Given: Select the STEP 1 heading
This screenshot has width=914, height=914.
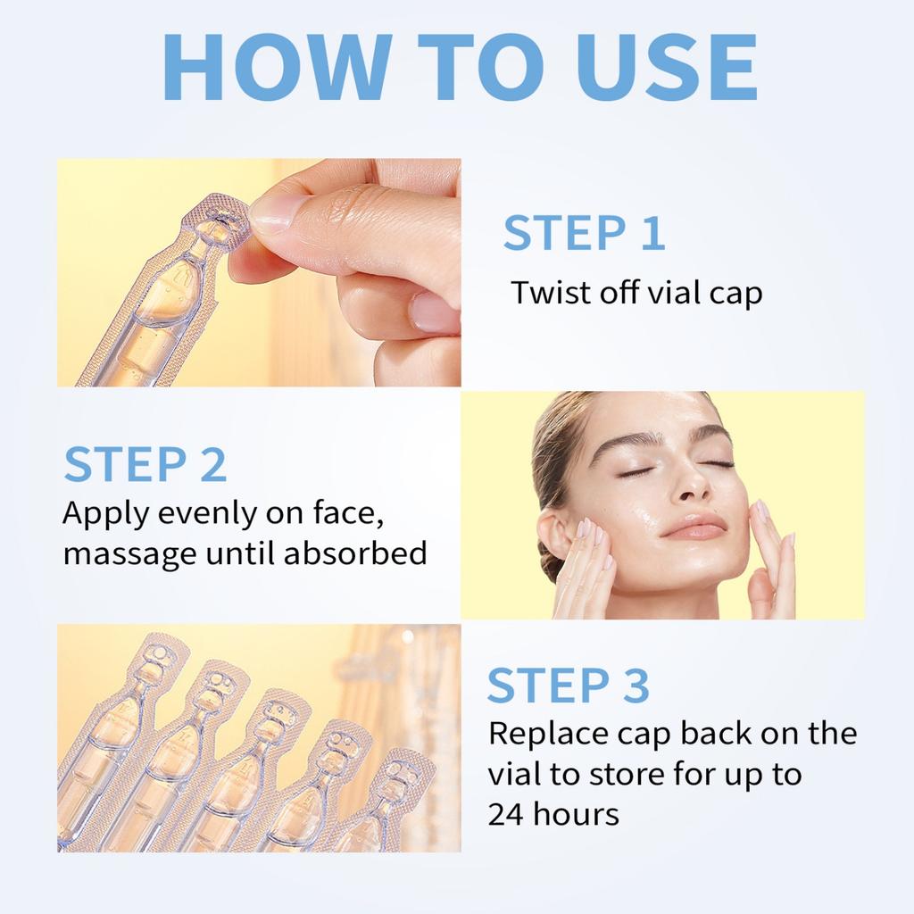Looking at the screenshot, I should pos(584,232).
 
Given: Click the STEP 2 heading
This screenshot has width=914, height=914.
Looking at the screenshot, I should pos(145,465).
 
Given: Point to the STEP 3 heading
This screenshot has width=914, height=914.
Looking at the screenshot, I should pos(568,685).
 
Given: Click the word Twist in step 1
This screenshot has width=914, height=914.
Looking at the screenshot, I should pos(546,293).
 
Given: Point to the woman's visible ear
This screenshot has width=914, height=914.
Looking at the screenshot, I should pos(555,536).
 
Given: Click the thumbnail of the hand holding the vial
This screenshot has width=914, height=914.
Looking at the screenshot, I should pos(273,212).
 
